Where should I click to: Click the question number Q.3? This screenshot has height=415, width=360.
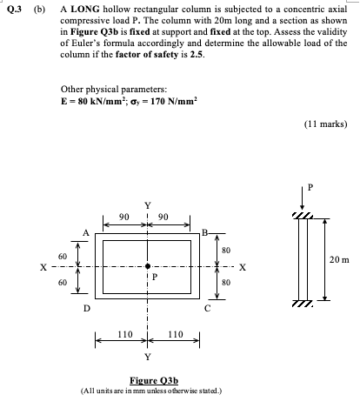[x=11, y=11]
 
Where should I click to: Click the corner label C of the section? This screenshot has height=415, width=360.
[x=207, y=306]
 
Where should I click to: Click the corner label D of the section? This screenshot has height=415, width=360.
[x=84, y=306]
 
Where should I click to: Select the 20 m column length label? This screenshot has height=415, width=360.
[x=338, y=258]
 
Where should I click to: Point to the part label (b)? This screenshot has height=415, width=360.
[x=38, y=11]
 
